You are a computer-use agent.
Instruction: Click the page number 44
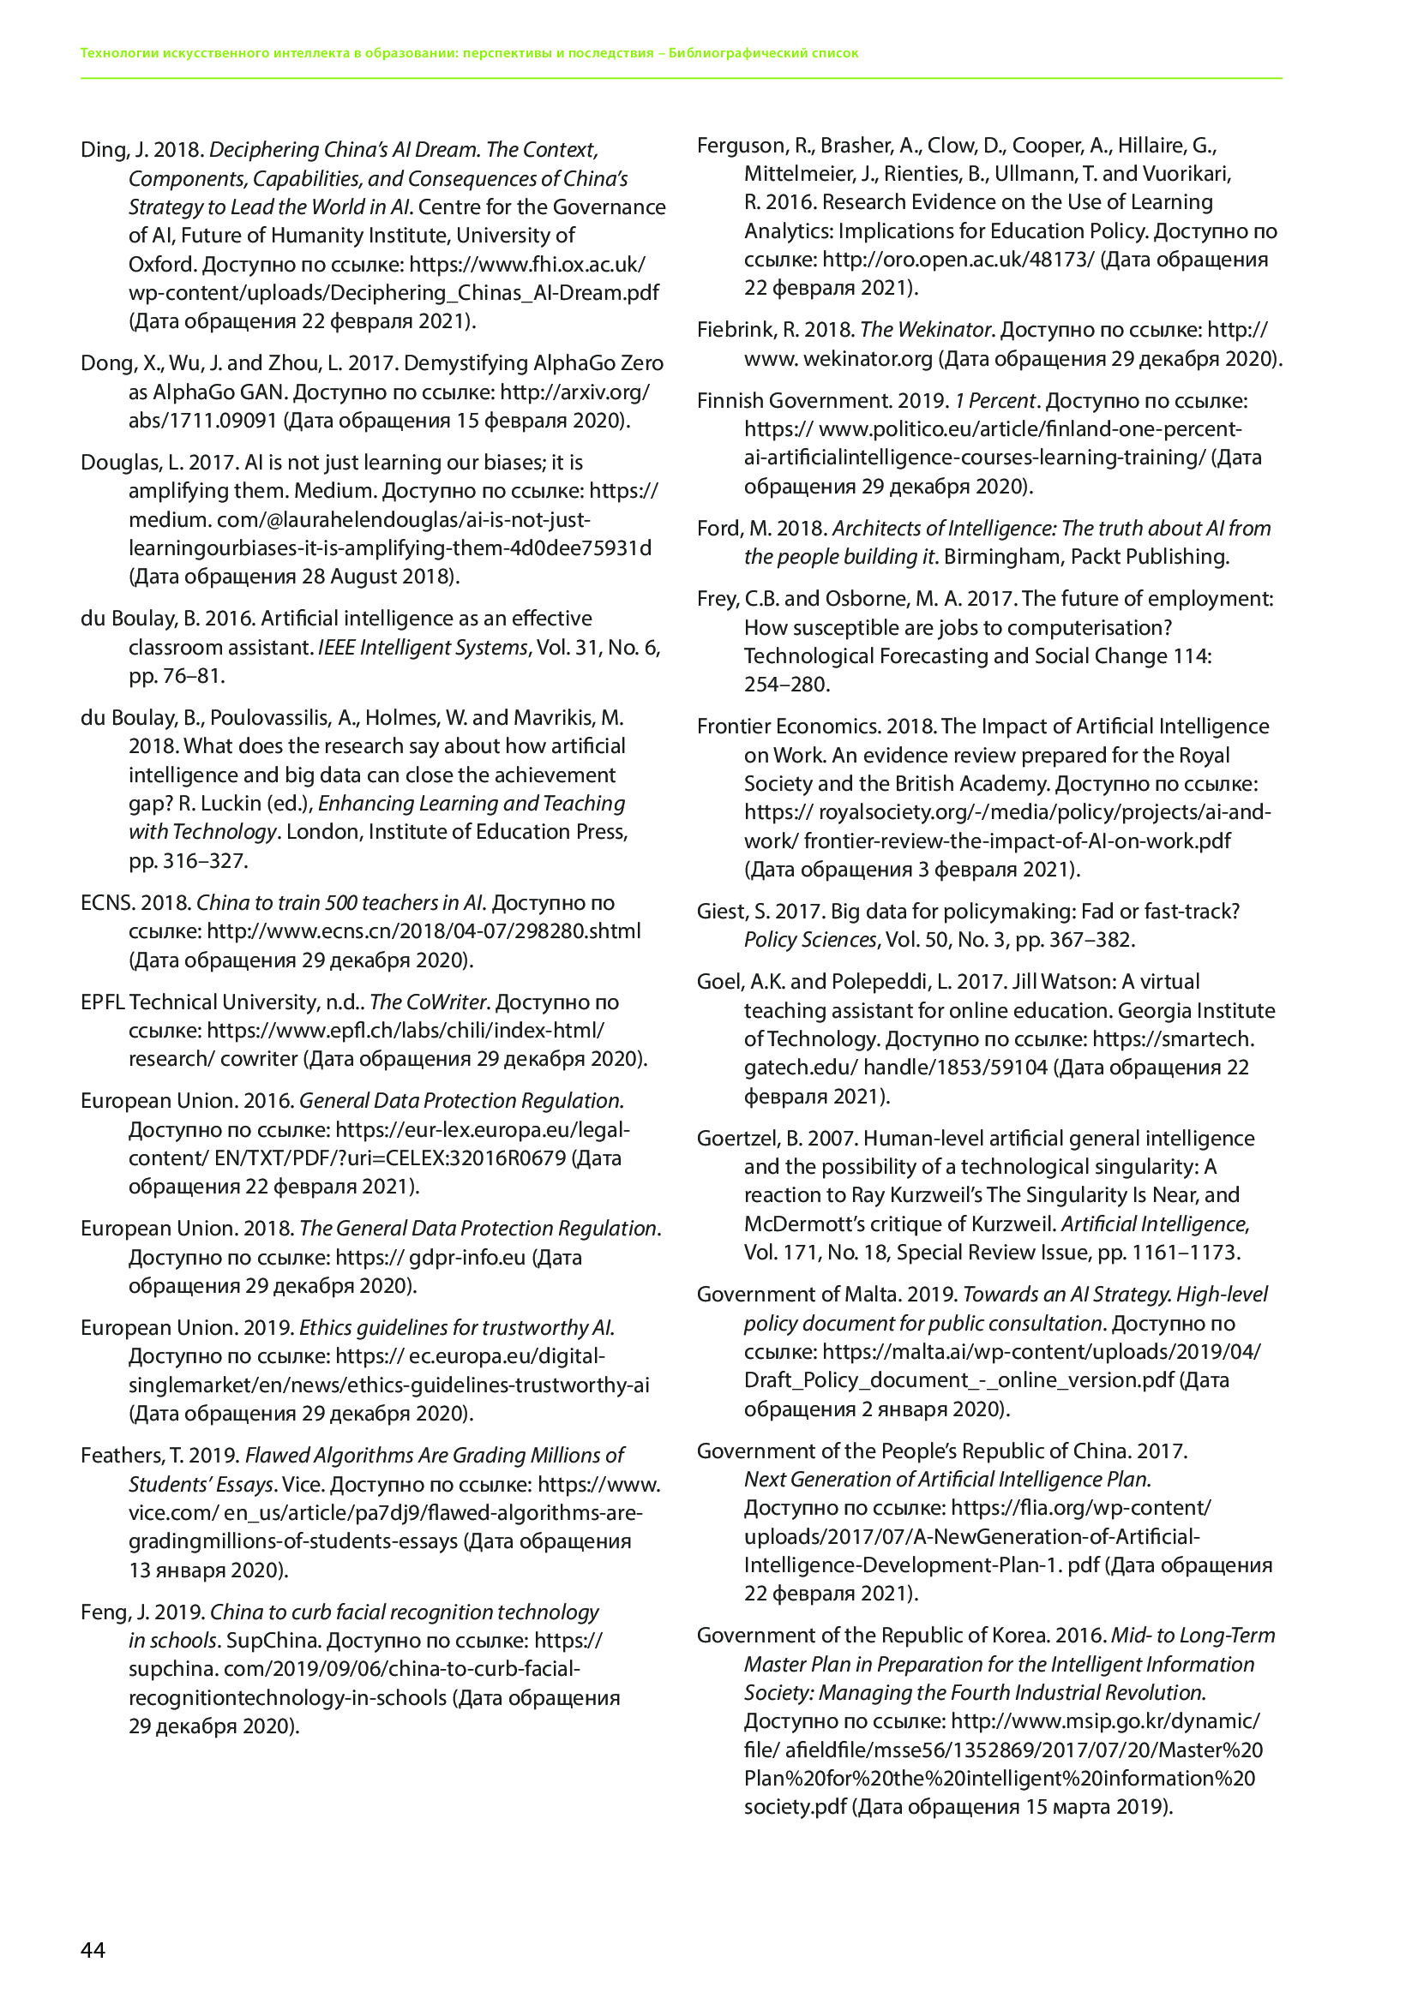click(x=93, y=1950)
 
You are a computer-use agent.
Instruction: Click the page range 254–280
click(x=786, y=685)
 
